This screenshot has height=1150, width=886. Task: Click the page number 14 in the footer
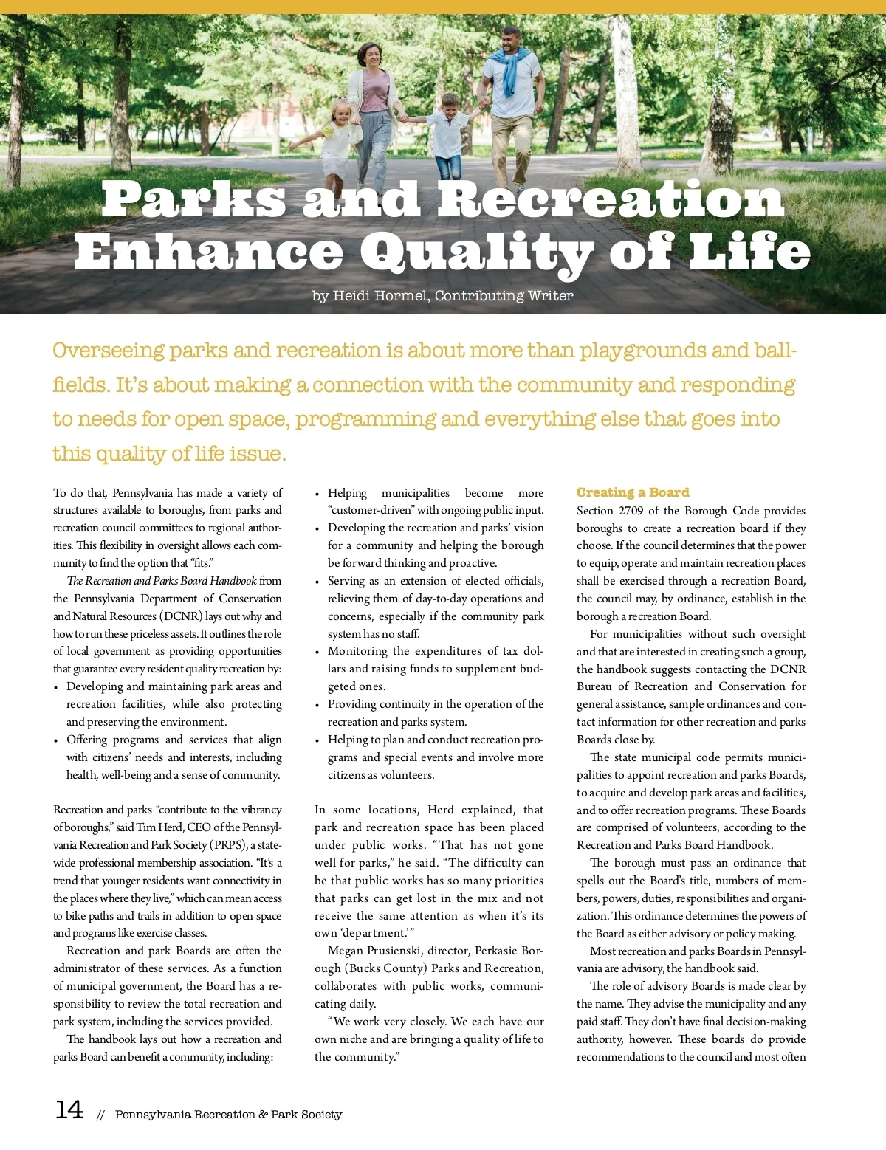coord(69,1109)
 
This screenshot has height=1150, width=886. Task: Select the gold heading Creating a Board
coord(633,492)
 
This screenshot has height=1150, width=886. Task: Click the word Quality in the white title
coord(476,254)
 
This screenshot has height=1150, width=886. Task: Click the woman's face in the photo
coord(368,57)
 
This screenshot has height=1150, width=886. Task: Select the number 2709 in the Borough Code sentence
coord(631,511)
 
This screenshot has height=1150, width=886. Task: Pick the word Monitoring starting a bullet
coord(357,651)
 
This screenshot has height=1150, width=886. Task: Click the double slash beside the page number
coord(101,1115)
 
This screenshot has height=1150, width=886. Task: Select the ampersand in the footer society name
coord(263,1115)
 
